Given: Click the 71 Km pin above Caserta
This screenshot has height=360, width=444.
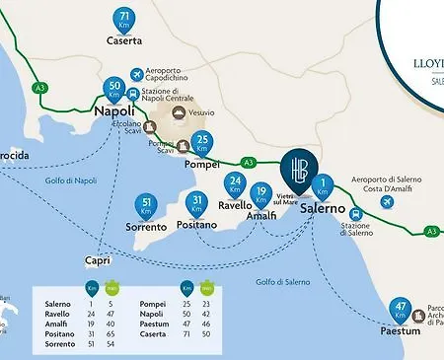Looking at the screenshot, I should click(124, 20).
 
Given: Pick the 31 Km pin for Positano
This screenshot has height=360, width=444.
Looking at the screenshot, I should click(198, 205).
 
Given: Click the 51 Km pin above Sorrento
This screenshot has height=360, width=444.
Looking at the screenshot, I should click(147, 207).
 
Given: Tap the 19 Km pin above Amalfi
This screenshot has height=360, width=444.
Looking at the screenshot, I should click(260, 194).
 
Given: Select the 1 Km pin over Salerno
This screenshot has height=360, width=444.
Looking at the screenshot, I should click(324, 184).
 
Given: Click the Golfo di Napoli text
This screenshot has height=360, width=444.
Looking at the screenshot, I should click(72, 180).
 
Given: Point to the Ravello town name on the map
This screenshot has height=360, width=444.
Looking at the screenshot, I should click(236, 206).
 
